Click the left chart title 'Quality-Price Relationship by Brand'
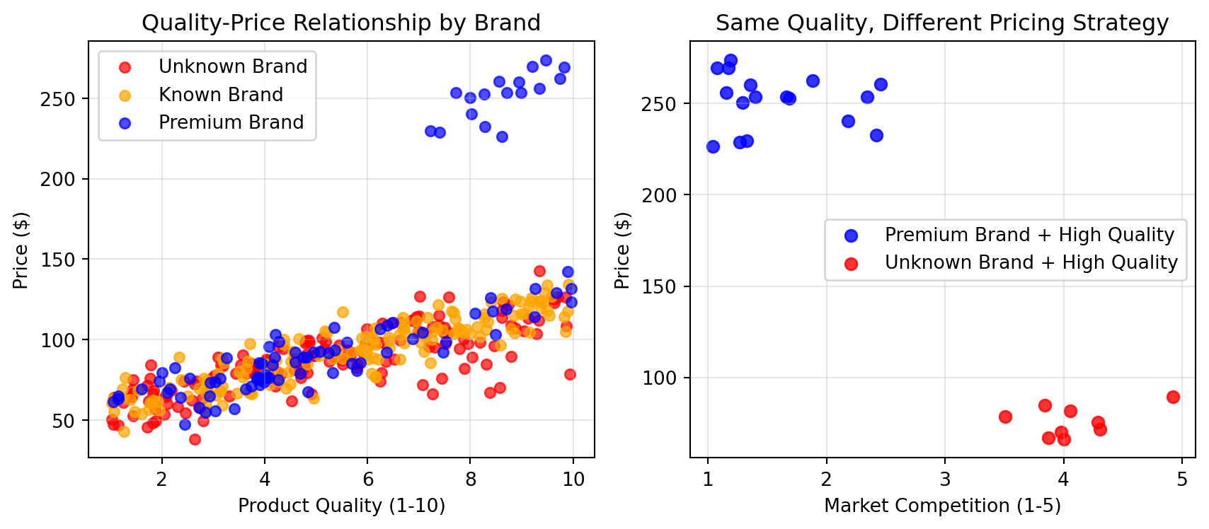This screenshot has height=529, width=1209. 341,23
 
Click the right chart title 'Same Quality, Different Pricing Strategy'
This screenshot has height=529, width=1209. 942,23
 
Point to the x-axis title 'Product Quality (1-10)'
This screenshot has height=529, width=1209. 341,506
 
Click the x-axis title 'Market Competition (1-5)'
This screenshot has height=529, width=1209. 942,506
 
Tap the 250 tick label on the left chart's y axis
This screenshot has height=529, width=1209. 57,99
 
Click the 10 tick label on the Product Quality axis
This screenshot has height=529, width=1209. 573,479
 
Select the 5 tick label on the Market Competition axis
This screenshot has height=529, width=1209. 1182,479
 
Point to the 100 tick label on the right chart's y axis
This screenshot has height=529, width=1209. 659,378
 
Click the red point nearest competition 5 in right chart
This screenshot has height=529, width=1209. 1173,397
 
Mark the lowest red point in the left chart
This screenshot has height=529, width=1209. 195,439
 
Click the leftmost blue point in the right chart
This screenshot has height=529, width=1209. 713,146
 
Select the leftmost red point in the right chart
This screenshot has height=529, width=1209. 1005,417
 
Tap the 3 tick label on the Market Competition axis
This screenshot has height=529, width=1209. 945,479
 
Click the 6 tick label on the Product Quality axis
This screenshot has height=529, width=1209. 367,479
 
